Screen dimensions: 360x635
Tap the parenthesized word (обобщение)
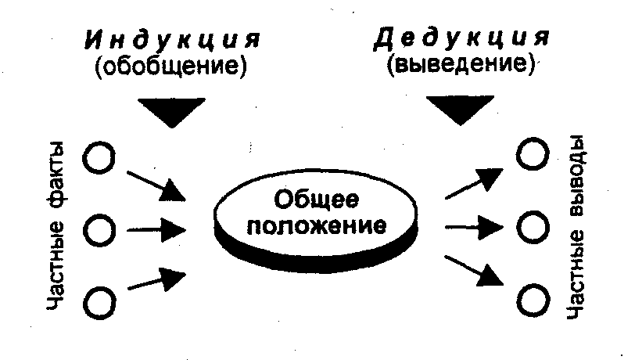click(170, 66)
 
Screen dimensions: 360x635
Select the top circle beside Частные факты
click(100, 160)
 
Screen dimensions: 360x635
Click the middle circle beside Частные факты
click(100, 230)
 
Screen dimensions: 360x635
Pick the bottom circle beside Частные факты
click(100, 301)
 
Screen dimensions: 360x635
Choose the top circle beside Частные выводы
click(533, 154)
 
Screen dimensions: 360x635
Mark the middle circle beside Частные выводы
click(533, 227)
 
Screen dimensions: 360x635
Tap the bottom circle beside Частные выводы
click(533, 299)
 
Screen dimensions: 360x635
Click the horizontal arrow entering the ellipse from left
click(156, 230)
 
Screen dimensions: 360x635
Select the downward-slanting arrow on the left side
click(156, 182)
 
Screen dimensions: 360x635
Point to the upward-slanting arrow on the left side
click(156, 279)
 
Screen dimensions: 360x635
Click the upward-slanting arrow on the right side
click(474, 182)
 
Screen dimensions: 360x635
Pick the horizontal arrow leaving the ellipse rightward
click(474, 228)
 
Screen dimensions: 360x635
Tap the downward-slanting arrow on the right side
click(474, 270)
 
